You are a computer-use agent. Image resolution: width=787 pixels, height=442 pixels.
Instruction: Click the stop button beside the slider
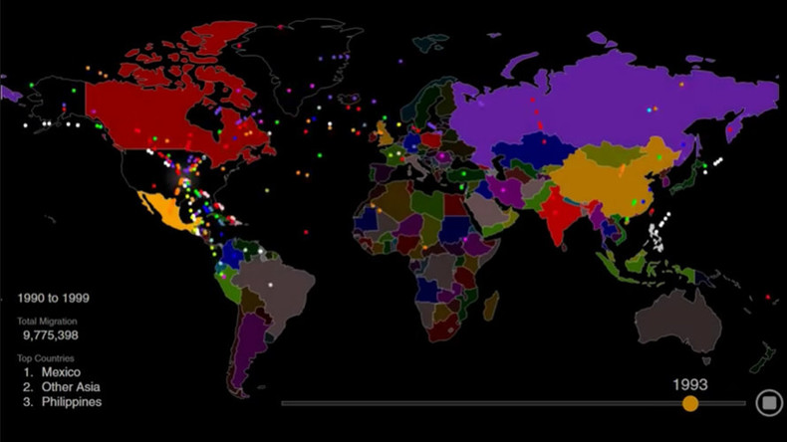[769, 402]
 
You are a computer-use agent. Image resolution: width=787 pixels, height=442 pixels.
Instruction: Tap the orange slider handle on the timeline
[689, 403]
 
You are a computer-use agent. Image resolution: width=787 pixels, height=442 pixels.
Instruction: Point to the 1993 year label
[689, 383]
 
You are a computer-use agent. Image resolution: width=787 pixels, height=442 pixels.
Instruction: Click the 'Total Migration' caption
[47, 322]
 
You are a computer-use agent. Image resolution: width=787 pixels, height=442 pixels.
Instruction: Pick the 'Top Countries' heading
[45, 357]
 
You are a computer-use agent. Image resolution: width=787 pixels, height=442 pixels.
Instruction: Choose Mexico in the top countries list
[62, 371]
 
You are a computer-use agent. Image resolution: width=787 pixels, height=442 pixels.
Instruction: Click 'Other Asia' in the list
[71, 386]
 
